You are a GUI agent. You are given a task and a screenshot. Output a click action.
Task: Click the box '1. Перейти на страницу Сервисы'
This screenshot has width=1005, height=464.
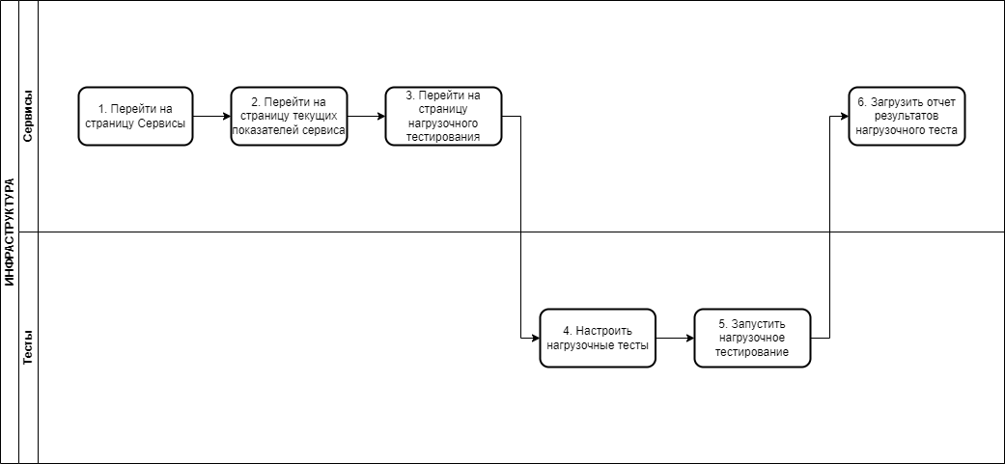tap(135, 117)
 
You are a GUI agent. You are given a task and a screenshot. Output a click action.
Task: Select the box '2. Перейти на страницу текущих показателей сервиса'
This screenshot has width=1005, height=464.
tap(289, 117)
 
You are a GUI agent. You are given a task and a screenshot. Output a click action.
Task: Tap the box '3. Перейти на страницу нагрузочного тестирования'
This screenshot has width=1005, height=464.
tap(443, 117)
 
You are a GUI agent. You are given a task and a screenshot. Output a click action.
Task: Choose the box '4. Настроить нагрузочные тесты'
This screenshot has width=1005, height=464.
tap(598, 338)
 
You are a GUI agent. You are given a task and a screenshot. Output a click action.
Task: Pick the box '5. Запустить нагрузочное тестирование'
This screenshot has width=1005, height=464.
tap(752, 338)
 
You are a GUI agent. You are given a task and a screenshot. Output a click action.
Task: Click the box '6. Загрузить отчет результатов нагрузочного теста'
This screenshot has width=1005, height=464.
tap(907, 117)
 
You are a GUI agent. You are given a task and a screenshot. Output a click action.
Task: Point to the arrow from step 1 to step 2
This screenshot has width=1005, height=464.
tap(211, 117)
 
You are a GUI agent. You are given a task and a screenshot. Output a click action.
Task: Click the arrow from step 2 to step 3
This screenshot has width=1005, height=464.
tap(367, 117)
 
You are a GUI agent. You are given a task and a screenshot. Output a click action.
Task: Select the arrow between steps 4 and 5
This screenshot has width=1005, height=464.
tap(675, 338)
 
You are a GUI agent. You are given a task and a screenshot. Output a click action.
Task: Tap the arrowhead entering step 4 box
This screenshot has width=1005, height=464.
tap(536, 338)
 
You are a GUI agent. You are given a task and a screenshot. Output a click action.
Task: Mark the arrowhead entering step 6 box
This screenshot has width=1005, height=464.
tap(845, 117)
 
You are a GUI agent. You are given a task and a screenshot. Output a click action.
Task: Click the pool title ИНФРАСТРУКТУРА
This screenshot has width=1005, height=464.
tap(9, 232)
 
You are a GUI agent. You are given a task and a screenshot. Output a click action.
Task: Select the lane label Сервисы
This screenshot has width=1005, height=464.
tap(28, 116)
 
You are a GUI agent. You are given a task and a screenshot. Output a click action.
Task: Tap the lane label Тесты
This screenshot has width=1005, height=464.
tap(28, 347)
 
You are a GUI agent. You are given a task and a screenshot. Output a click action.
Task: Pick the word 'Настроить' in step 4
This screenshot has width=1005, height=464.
tap(604, 331)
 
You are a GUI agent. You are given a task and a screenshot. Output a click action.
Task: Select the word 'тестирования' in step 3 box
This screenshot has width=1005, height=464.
tap(443, 138)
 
